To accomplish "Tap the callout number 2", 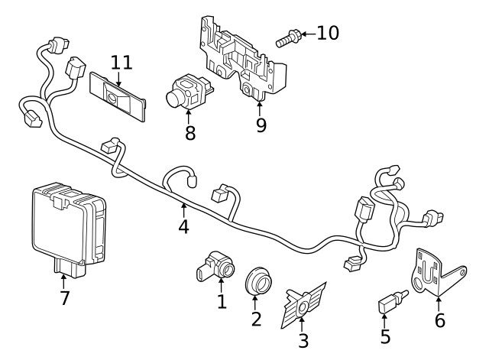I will pos(256,319).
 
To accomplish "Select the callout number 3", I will pos(303,341).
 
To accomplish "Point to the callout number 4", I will pos(183,227).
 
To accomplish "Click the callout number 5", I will pos(385,336).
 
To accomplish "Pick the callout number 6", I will pos(439,320).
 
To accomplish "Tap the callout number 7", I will pos(65,297).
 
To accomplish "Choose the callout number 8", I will pos(190,133).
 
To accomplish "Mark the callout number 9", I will pos(261,125).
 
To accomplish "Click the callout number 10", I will pos(327,33).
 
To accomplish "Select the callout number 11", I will pos(121,61).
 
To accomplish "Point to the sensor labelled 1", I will pos(215,264).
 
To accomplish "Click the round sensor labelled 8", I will pos(186,92).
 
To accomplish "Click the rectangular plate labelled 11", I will pos(118,96).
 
